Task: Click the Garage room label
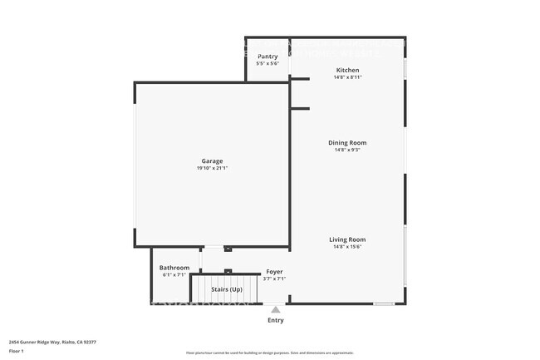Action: click(212, 161)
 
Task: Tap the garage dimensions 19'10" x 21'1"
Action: click(212, 168)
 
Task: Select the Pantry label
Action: click(268, 57)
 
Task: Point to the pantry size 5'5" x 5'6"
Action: click(268, 63)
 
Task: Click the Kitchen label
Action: click(347, 70)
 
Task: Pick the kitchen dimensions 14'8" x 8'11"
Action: click(347, 76)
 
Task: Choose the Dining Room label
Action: click(347, 143)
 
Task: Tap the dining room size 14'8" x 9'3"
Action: click(347, 150)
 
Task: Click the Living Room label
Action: click(347, 239)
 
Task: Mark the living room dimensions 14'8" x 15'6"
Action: click(347, 246)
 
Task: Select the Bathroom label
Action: click(174, 268)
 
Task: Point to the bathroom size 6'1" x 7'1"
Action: click(174, 274)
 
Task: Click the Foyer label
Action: click(274, 272)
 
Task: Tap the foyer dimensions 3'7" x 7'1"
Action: click(274, 279)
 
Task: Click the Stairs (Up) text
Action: click(226, 289)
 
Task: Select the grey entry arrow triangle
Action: click(275, 309)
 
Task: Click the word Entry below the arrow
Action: click(275, 320)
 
